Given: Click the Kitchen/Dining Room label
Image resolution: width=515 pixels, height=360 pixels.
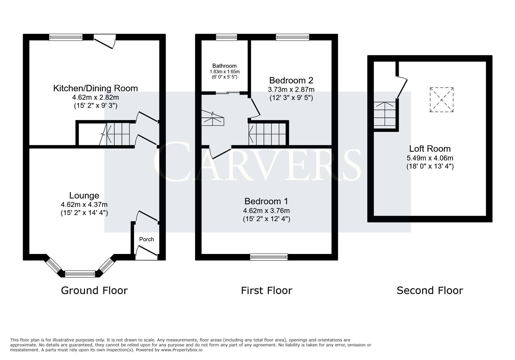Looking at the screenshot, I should tap(95, 88).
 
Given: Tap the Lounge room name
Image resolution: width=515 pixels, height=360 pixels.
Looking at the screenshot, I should tap(84, 196).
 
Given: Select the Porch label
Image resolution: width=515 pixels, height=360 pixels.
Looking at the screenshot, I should tap(146, 239).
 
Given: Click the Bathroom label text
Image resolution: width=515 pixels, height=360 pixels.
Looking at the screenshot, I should tap(224, 66).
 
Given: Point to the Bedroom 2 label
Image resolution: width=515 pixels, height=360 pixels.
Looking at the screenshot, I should tap(291, 80).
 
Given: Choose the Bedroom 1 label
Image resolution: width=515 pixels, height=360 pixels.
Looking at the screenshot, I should tap(266, 201).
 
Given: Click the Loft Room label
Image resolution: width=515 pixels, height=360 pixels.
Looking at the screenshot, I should tap(430, 149).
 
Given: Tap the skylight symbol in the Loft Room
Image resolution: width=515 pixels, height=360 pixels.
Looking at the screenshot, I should tap(441, 100).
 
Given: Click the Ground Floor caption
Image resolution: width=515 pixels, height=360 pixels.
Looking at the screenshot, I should tap(94, 291).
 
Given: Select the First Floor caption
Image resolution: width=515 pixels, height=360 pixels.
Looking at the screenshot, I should tap(266, 291).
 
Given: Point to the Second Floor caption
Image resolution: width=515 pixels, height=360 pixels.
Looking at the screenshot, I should tap(430, 291).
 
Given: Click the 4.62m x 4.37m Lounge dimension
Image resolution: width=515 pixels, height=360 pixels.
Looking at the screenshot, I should tap(84, 205).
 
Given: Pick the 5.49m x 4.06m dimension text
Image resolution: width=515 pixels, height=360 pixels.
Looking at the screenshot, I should tap(430, 158).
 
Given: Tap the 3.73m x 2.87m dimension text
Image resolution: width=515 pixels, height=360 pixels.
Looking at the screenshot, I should tap(291, 90).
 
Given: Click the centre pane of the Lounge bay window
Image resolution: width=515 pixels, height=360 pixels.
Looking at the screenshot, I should tap(80, 274).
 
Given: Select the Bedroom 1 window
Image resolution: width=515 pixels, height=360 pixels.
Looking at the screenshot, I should tap(269, 257).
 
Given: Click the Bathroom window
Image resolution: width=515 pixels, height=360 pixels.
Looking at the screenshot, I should tap(226, 37).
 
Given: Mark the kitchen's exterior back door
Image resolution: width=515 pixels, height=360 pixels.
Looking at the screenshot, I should tap(105, 41).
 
